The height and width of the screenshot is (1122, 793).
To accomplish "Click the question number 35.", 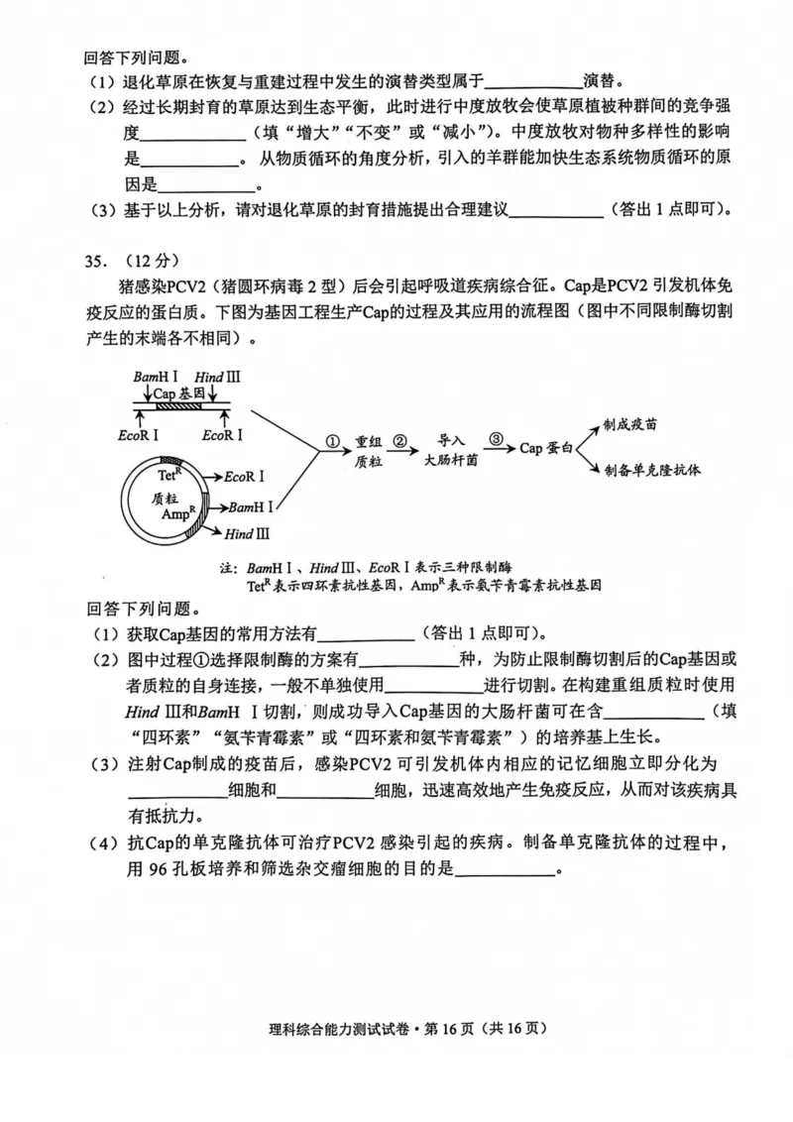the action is pos(95,261).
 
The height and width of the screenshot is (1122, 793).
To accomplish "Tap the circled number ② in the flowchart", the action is pos(399,440).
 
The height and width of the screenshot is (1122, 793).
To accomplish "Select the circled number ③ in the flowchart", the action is pos(497,440).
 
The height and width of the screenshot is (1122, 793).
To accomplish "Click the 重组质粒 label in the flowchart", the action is pos(368,451).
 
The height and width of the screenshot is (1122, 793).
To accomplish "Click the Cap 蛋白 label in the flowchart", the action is pos(546,448).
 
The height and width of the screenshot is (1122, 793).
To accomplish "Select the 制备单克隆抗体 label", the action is pos(651,470).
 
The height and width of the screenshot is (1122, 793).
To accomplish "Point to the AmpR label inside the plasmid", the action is pos(178,515).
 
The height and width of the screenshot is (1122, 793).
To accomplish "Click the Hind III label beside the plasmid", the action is pos(247,533).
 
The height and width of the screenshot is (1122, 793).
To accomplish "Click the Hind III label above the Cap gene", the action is pos(217,378).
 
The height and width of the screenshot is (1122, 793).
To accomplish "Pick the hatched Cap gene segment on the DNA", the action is pos(179,404).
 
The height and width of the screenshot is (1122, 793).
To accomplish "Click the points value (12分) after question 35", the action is pos(150,261).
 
